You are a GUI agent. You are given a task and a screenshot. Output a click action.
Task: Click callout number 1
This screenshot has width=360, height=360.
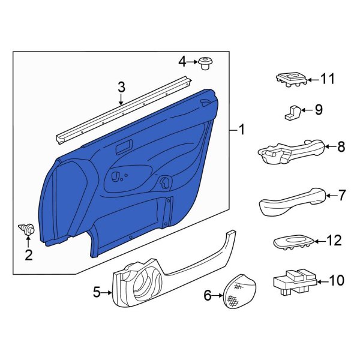pyautogui.click(x=242, y=129)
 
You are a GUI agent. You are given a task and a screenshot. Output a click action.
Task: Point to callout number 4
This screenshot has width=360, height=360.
pyautogui.click(x=182, y=61)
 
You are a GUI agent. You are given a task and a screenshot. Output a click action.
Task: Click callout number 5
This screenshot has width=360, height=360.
pyautogui.click(x=97, y=293)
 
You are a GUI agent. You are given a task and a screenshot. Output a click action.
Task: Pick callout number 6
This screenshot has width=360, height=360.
pyautogui.click(x=208, y=295)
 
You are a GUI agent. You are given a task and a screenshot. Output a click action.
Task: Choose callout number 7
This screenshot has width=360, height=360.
pyautogui.click(x=342, y=195)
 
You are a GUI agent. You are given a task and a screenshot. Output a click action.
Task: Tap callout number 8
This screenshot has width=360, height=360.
pyautogui.click(x=341, y=146)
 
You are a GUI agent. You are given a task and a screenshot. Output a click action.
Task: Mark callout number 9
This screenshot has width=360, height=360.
pyautogui.click(x=318, y=110)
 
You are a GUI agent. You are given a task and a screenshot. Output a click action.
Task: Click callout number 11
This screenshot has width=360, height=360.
pyautogui.click(x=327, y=79)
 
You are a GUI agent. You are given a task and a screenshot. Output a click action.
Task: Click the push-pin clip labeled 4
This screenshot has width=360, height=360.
pyautogui.click(x=208, y=62)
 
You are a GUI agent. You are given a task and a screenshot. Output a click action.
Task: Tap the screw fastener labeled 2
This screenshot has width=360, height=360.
pyautogui.click(x=27, y=229)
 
